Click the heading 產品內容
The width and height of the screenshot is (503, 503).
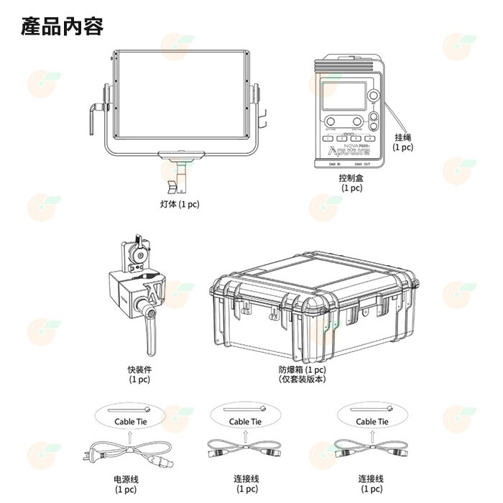click(63, 27)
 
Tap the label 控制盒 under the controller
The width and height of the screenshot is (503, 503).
click(351, 177)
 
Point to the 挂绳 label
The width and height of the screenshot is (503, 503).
click(403, 137)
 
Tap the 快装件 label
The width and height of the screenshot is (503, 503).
click(140, 369)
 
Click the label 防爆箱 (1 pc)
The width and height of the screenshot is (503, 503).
click(303, 369)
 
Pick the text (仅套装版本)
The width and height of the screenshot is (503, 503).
click(303, 379)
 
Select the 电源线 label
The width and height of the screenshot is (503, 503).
click(126, 479)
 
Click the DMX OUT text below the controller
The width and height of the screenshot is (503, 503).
click(363, 164)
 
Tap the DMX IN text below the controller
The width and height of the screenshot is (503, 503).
click(333, 164)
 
